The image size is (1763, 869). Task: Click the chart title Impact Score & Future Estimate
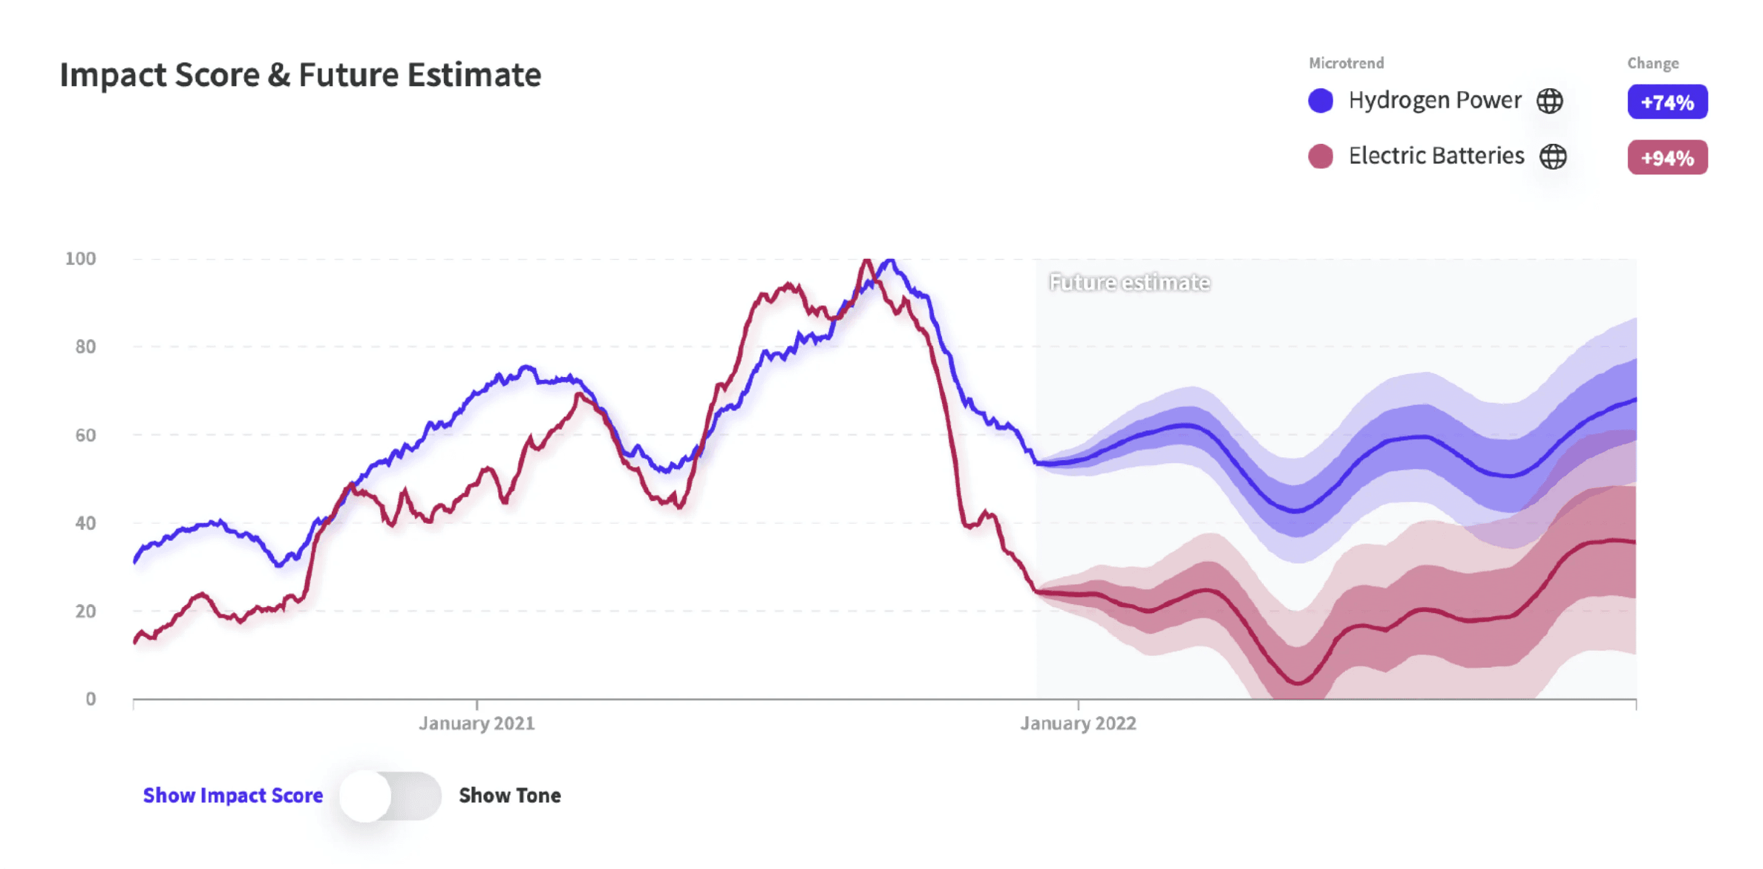(300, 75)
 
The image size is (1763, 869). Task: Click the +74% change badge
(1666, 102)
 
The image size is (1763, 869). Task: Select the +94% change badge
(1666, 157)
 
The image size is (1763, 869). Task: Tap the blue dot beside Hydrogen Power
(1320, 100)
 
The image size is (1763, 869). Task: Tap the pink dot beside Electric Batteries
(1320, 156)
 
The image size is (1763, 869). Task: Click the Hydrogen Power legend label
(1434, 100)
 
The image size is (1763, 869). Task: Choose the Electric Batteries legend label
(1436, 156)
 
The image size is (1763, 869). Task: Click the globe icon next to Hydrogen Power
(1549, 100)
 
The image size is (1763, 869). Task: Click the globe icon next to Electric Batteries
(1552, 156)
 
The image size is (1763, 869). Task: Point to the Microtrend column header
(1346, 63)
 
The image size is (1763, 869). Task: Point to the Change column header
(1652, 63)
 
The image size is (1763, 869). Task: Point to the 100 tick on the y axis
(80, 259)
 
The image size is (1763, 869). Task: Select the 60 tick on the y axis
(85, 435)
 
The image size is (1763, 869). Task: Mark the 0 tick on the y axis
(91, 699)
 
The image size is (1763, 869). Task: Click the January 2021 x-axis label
(476, 723)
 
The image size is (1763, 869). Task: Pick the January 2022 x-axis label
(1078, 723)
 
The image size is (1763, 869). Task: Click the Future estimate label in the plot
(1129, 283)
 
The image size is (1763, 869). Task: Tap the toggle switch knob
(366, 796)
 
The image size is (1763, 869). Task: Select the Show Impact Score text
(233, 796)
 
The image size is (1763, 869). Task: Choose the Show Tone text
(510, 796)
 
